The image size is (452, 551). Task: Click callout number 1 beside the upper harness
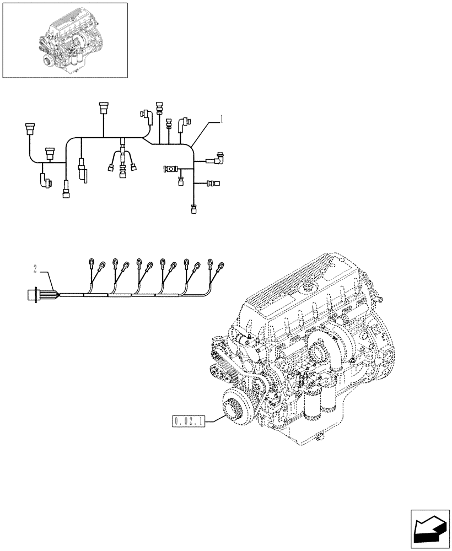(x=221, y=118)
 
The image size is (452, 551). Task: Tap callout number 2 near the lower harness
(x=35, y=269)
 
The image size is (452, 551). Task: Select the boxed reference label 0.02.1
(x=189, y=422)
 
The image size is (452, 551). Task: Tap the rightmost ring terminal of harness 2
(x=221, y=266)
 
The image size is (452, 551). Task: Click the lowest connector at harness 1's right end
(x=193, y=209)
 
